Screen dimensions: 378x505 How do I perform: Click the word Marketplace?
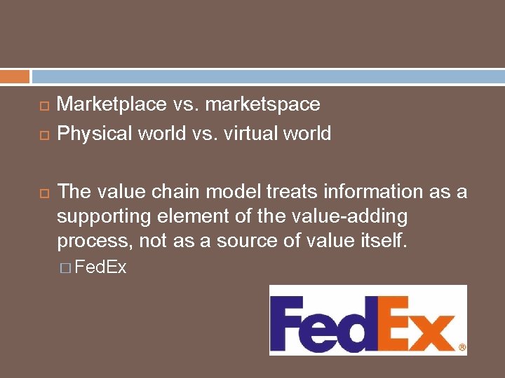[x=112, y=105]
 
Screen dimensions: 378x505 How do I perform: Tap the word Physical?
[x=93, y=133]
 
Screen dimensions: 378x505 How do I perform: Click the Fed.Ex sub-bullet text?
[x=100, y=267]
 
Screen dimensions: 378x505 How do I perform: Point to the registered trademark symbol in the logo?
[x=462, y=346]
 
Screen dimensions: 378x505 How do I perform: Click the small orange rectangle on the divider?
[x=15, y=76]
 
